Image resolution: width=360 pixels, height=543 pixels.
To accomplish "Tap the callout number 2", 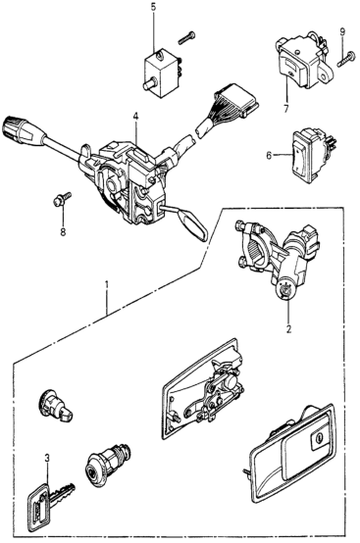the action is coord(288,328).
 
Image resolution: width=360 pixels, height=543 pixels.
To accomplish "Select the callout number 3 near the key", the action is coord(47,458).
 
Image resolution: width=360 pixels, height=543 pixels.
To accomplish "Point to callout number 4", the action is coord(135,117).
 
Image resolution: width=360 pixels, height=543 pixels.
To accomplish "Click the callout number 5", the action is coord(153,8).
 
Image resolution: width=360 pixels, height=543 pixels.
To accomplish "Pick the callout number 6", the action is coord(269,156).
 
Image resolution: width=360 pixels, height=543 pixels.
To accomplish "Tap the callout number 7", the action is coord(285,109).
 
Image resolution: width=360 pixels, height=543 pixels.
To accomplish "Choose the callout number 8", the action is coord(63,232).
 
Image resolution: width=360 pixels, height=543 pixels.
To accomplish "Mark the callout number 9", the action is coord(342,32).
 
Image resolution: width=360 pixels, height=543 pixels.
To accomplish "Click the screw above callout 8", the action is coord(63,199).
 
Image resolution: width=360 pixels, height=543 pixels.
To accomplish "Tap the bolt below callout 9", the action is coord(346,59).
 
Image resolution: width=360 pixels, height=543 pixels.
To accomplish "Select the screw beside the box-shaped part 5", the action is coord(186,38).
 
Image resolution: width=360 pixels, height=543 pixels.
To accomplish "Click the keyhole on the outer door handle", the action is coord(318,438).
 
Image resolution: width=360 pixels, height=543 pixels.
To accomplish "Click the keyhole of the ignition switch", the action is coord(284,289).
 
